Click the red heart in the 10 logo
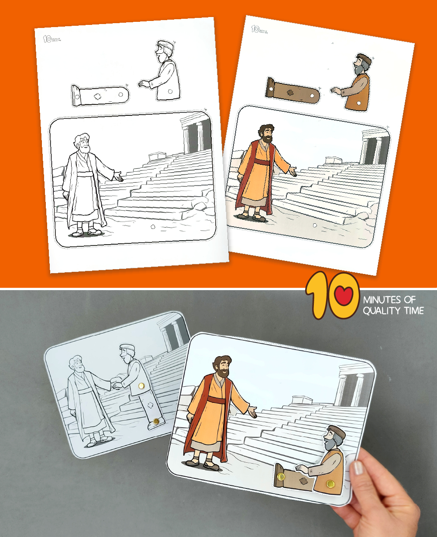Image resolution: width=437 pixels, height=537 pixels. click(345, 297)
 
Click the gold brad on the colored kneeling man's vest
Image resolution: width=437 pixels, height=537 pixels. click(330, 483)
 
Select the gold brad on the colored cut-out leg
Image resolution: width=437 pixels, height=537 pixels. click(281, 476)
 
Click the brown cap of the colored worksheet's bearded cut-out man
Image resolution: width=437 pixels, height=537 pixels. click(363, 58)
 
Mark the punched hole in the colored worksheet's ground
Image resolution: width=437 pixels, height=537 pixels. click(315, 225)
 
